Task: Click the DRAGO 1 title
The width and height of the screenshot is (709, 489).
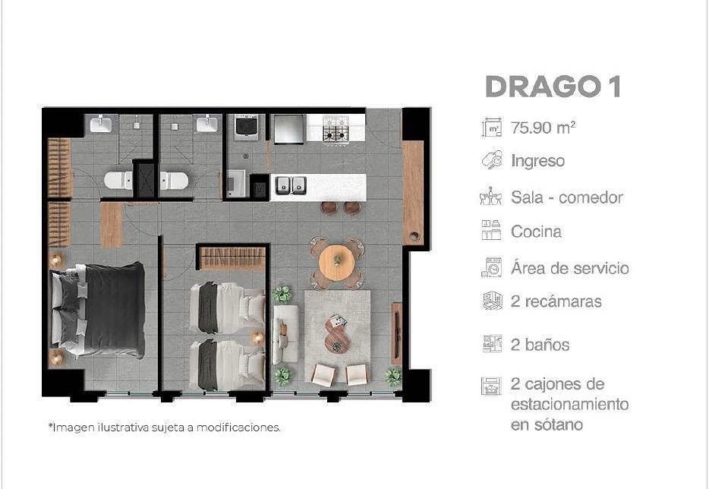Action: [x=553, y=87]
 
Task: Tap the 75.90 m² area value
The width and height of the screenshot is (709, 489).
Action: [x=543, y=128]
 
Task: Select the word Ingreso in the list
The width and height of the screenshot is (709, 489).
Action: [x=537, y=161]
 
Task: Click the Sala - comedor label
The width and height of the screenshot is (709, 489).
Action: [x=567, y=197]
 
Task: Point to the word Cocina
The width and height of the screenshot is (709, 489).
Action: [x=536, y=232]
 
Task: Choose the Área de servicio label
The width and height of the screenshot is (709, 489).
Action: [x=570, y=268]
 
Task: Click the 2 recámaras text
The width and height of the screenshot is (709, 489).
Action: [x=556, y=301]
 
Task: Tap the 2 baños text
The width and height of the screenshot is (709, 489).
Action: [x=540, y=345]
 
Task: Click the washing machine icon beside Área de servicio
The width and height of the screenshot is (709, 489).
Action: [x=491, y=267]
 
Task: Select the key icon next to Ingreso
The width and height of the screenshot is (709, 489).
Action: [x=491, y=160]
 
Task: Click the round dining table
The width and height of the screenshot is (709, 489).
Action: [x=337, y=263]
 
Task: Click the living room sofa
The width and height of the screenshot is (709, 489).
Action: [x=285, y=334]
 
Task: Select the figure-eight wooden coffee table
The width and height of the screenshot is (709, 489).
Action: [x=337, y=335]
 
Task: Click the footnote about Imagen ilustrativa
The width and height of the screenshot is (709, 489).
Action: [x=165, y=427]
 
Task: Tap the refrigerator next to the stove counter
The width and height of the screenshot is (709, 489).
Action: [x=289, y=129]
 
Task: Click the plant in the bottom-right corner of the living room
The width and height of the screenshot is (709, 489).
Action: [x=393, y=377]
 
